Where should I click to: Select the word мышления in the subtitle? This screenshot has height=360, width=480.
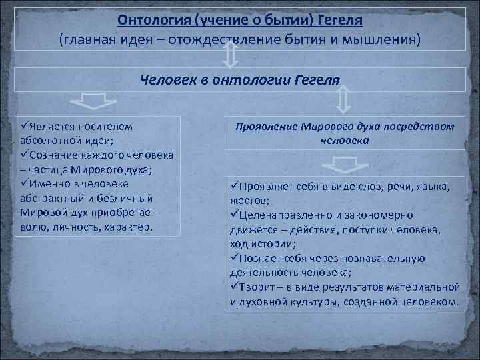(x=384, y=39)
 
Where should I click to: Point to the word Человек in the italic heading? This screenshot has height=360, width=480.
(x=165, y=80)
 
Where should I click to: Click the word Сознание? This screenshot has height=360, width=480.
(x=55, y=155)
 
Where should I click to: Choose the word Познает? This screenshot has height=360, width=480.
(x=258, y=258)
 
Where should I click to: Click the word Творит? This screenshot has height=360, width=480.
(x=255, y=287)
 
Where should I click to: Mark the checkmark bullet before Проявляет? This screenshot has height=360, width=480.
(x=234, y=185)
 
